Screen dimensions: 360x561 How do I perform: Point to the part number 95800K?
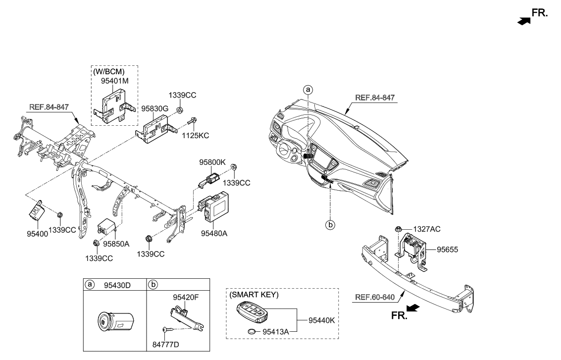(x=212, y=161)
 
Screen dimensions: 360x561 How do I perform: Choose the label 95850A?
(x=116, y=244)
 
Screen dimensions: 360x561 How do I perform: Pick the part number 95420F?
(x=186, y=298)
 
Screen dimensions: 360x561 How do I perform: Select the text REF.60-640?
(x=375, y=298)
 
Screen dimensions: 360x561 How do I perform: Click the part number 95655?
(x=447, y=250)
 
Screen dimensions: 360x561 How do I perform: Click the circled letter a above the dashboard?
(x=308, y=90)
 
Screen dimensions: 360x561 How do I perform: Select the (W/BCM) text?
(x=108, y=71)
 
